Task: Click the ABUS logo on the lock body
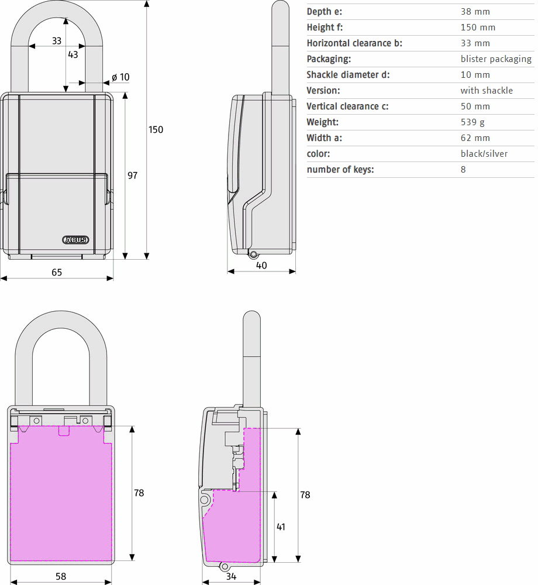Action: (75, 240)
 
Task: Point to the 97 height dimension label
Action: (133, 175)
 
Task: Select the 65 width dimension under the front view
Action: (57, 272)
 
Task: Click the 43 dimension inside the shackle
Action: (73, 54)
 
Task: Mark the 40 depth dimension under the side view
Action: (261, 265)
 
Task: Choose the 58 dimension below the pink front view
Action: (61, 576)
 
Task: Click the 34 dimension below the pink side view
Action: (231, 576)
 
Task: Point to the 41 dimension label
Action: (281, 526)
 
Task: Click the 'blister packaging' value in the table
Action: (496, 59)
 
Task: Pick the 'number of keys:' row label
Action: (340, 170)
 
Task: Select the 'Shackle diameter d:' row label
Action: (348, 75)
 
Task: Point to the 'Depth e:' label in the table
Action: (325, 12)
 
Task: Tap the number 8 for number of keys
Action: (463, 170)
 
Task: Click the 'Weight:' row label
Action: (323, 122)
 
